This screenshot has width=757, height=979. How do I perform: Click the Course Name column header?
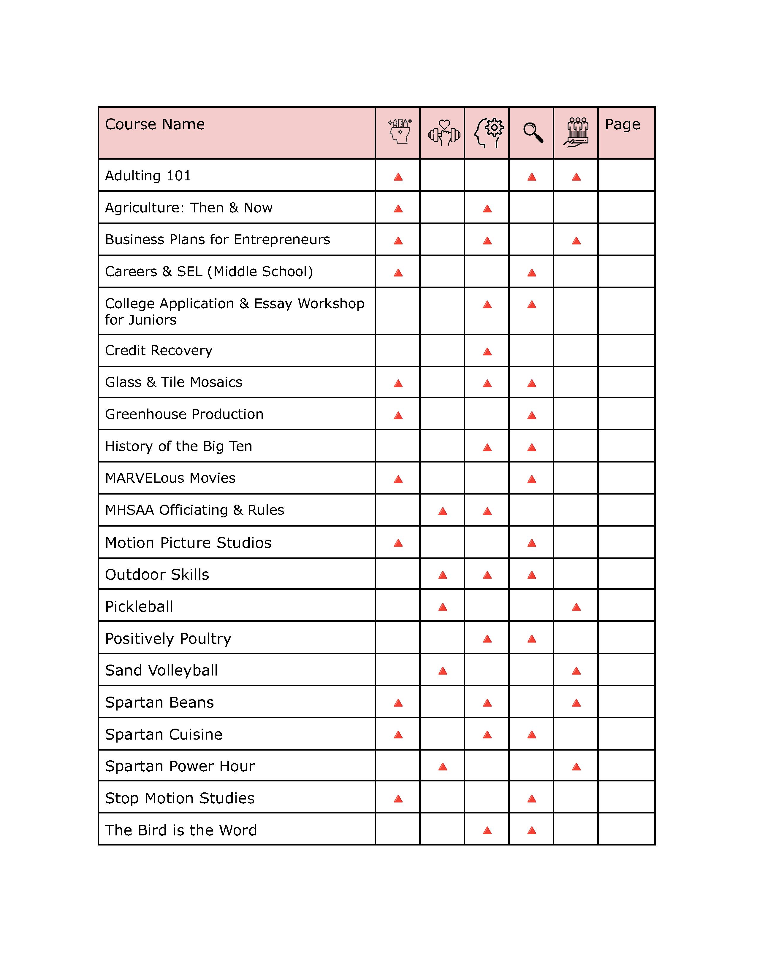tap(155, 124)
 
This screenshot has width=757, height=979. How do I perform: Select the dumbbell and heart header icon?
tap(444, 133)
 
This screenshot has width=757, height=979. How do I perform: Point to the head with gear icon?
tap(488, 133)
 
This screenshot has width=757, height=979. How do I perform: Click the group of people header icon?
tap(577, 133)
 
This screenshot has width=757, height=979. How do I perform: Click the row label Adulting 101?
tap(148, 176)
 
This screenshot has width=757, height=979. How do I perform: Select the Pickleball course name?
tap(139, 606)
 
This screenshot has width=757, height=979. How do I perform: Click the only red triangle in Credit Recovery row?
tap(487, 352)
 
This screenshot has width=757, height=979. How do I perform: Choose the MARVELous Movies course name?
tap(170, 478)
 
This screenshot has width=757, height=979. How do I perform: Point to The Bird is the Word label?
tap(181, 830)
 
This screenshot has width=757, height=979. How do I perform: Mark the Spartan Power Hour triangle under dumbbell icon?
tap(443, 767)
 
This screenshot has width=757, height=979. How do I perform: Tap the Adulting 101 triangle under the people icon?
tap(576, 177)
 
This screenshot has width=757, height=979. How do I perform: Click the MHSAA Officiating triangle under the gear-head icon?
tap(487, 511)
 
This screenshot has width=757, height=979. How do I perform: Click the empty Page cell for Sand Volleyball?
tap(626, 670)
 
